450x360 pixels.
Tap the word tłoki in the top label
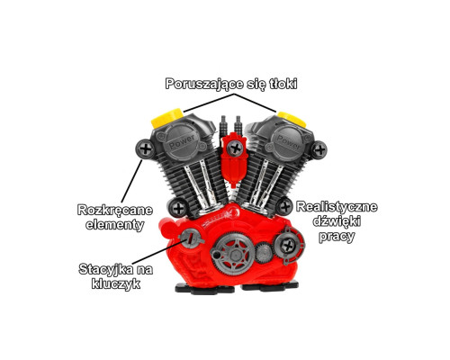pos(283,84)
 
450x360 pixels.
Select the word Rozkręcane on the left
pos(115,210)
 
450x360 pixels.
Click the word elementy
pos(115,225)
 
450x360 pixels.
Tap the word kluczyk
pos(116,283)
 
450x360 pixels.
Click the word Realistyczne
pos(337,207)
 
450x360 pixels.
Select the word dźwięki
pos(337,221)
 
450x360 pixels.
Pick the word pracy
pos(337,237)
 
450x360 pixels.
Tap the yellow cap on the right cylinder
pos(292,118)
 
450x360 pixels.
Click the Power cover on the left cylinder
pos(182,141)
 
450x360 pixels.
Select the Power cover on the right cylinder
pos(288,142)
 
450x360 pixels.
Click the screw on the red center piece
pos(235,148)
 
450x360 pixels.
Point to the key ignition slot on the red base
pos(189,237)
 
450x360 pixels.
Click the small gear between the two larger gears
pos(264,252)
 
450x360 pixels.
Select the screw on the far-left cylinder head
pos(146,148)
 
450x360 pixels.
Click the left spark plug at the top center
pos(223,125)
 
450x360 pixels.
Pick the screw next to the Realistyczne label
pos(284,207)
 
